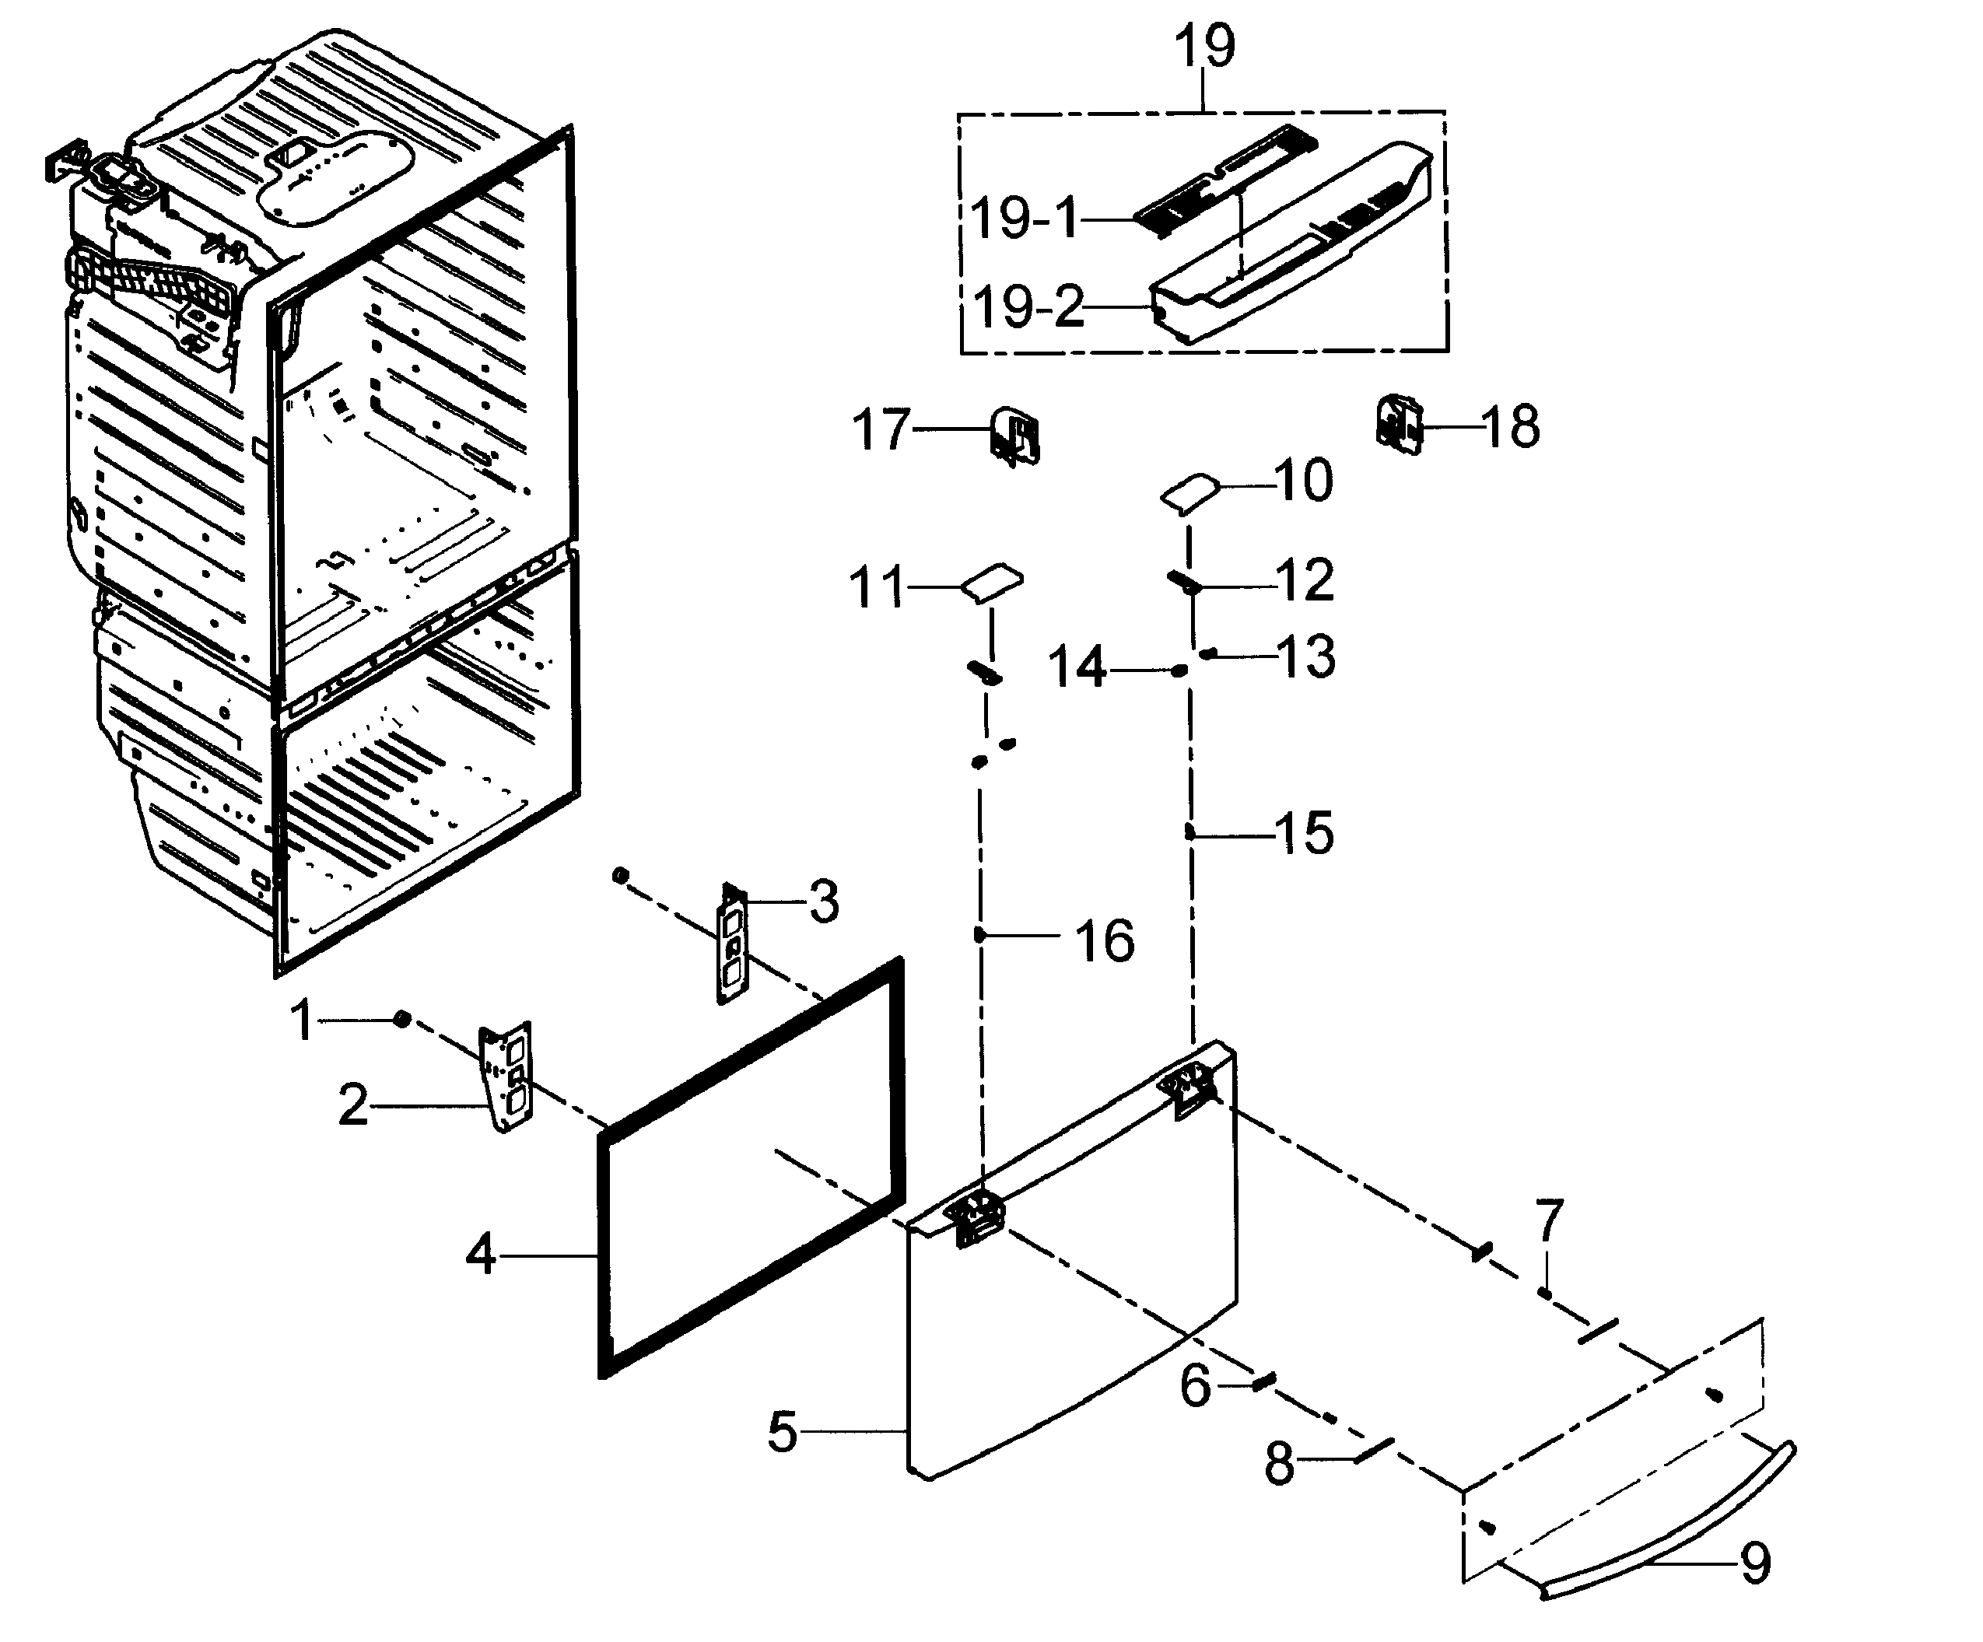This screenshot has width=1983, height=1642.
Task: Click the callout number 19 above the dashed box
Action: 1204,47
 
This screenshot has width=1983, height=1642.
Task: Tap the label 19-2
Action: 1028,308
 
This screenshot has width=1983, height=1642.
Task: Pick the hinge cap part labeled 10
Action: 1189,493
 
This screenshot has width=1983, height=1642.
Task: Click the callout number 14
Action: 1077,667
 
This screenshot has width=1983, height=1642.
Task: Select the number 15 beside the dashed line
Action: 1304,833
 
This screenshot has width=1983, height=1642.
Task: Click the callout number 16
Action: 1105,940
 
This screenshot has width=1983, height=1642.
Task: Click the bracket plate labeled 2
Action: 508,1077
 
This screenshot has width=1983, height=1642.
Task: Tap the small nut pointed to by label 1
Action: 401,1019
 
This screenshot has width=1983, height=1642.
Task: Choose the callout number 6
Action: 1196,1386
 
